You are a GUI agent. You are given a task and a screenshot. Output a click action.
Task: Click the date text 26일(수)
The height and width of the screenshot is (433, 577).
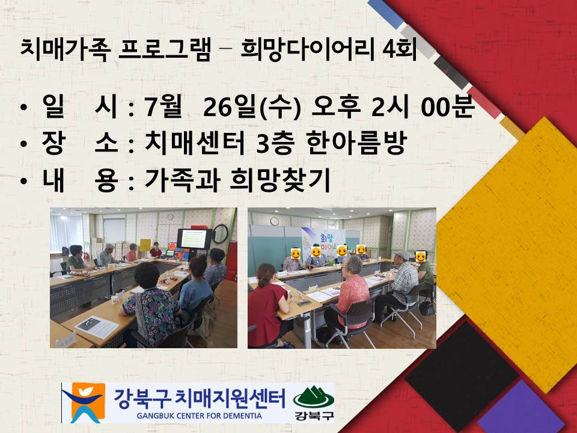click(252, 108)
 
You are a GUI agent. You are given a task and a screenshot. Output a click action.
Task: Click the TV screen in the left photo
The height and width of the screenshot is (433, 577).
click(194, 239)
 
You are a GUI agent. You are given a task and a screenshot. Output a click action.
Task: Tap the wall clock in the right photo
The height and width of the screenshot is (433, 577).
click(274, 221)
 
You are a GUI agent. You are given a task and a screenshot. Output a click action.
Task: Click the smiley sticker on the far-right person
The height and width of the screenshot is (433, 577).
click(421, 257)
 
